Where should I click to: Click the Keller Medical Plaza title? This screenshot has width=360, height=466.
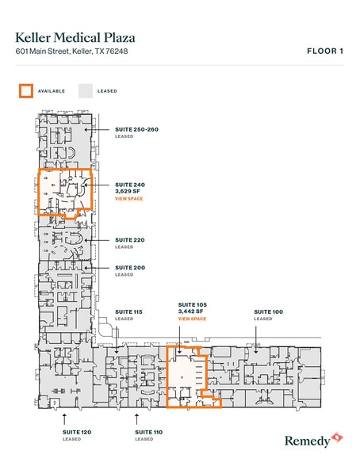pos(75,36)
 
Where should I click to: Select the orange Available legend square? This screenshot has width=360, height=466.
pos(26,90)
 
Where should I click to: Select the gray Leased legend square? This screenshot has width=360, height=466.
pos(85,90)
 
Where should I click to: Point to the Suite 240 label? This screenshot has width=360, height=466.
pos(130,184)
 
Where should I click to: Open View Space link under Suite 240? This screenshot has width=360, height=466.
pos(128,199)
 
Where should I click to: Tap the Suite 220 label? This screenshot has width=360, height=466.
pos(130,239)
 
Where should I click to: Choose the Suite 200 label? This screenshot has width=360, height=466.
pos(130,268)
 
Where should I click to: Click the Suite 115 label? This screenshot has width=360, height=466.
pos(128,312)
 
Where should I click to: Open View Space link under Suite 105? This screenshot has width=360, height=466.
pos(192,319)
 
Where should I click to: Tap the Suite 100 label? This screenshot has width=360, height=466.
pos(268,312)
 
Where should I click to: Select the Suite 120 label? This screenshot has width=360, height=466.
pos(76,432)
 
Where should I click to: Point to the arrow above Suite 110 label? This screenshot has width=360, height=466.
pos(137,417)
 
